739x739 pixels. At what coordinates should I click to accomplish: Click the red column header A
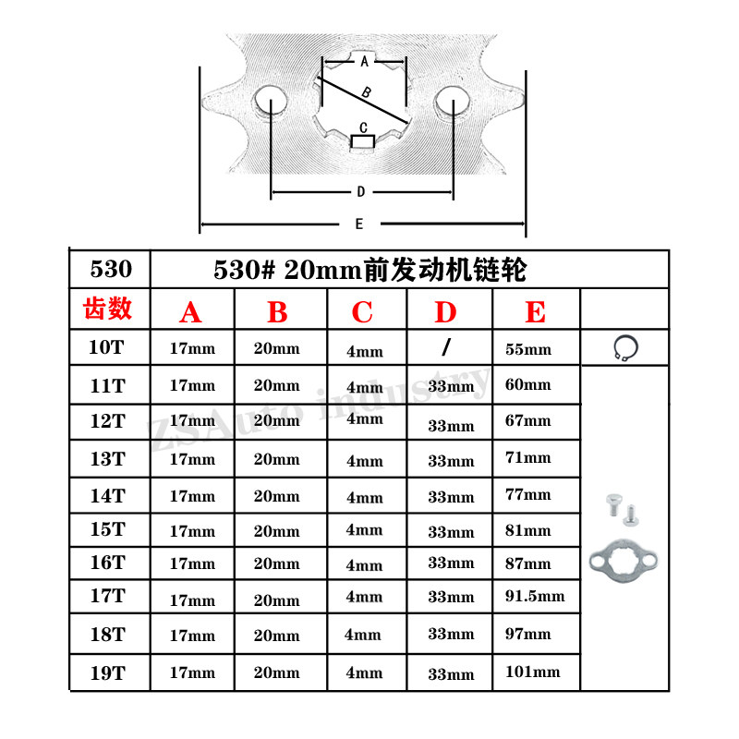point(190,312)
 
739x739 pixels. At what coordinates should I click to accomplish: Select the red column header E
point(535,311)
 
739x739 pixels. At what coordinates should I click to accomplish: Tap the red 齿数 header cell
point(108,309)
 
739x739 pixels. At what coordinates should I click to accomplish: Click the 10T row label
point(108,347)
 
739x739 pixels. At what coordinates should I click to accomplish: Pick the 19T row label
point(108,672)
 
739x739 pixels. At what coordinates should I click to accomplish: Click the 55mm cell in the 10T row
point(528,349)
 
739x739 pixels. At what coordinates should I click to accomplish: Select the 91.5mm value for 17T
point(535,596)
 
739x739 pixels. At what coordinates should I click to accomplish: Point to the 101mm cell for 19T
point(533,672)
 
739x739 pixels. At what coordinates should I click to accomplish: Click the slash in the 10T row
point(446,347)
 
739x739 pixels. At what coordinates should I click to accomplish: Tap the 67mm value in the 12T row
point(528,421)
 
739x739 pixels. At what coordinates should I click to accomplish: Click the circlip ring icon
point(626,347)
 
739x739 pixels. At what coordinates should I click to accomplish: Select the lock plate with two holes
point(624,558)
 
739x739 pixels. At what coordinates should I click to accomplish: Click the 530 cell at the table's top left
point(110,270)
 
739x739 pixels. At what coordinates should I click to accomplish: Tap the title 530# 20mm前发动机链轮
point(369,270)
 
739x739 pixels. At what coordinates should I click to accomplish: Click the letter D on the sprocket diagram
point(361,192)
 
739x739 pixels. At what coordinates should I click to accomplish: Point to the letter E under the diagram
point(358,224)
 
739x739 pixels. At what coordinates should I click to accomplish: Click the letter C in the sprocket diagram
point(363,127)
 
